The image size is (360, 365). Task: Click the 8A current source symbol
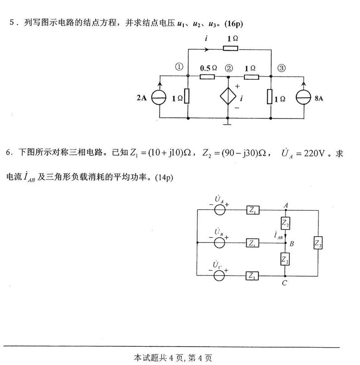tap(304, 98)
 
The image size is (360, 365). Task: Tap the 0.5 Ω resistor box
tap(207, 76)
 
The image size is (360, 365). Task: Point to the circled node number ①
tap(179, 68)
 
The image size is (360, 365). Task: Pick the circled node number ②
tap(229, 68)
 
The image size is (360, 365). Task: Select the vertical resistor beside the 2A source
tap(188, 97)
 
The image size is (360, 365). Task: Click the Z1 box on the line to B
tap(252, 243)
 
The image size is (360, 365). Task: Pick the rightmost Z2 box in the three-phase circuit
tap(317, 243)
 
